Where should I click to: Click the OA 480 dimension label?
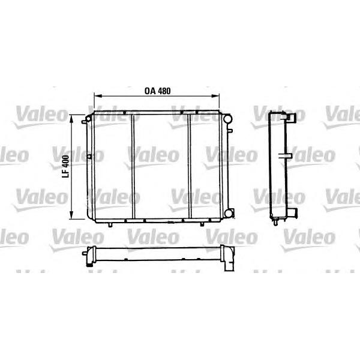pos(158,91)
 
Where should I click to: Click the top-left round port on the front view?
pos(87,119)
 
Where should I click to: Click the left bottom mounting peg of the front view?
pos(111,225)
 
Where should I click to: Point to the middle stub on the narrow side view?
pos(287,157)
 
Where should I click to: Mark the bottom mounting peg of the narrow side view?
pos(274,223)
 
